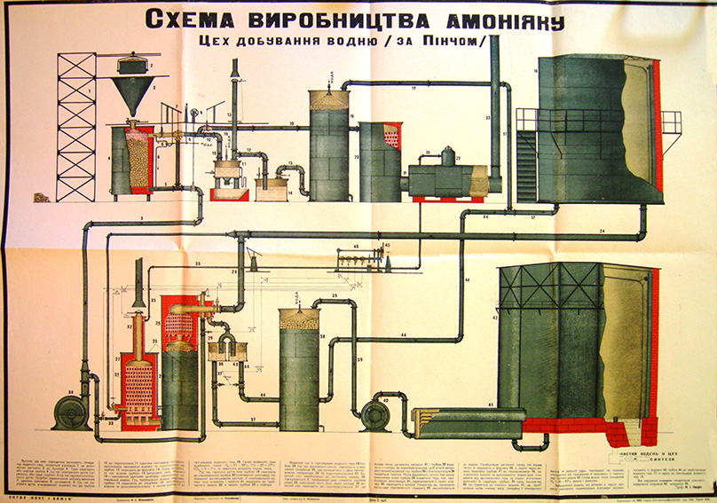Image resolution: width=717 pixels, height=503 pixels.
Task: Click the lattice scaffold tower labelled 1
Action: (75, 124)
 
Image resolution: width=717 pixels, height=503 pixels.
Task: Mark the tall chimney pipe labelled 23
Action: (494, 106)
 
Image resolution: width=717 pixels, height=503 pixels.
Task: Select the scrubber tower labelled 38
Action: (299, 368)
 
